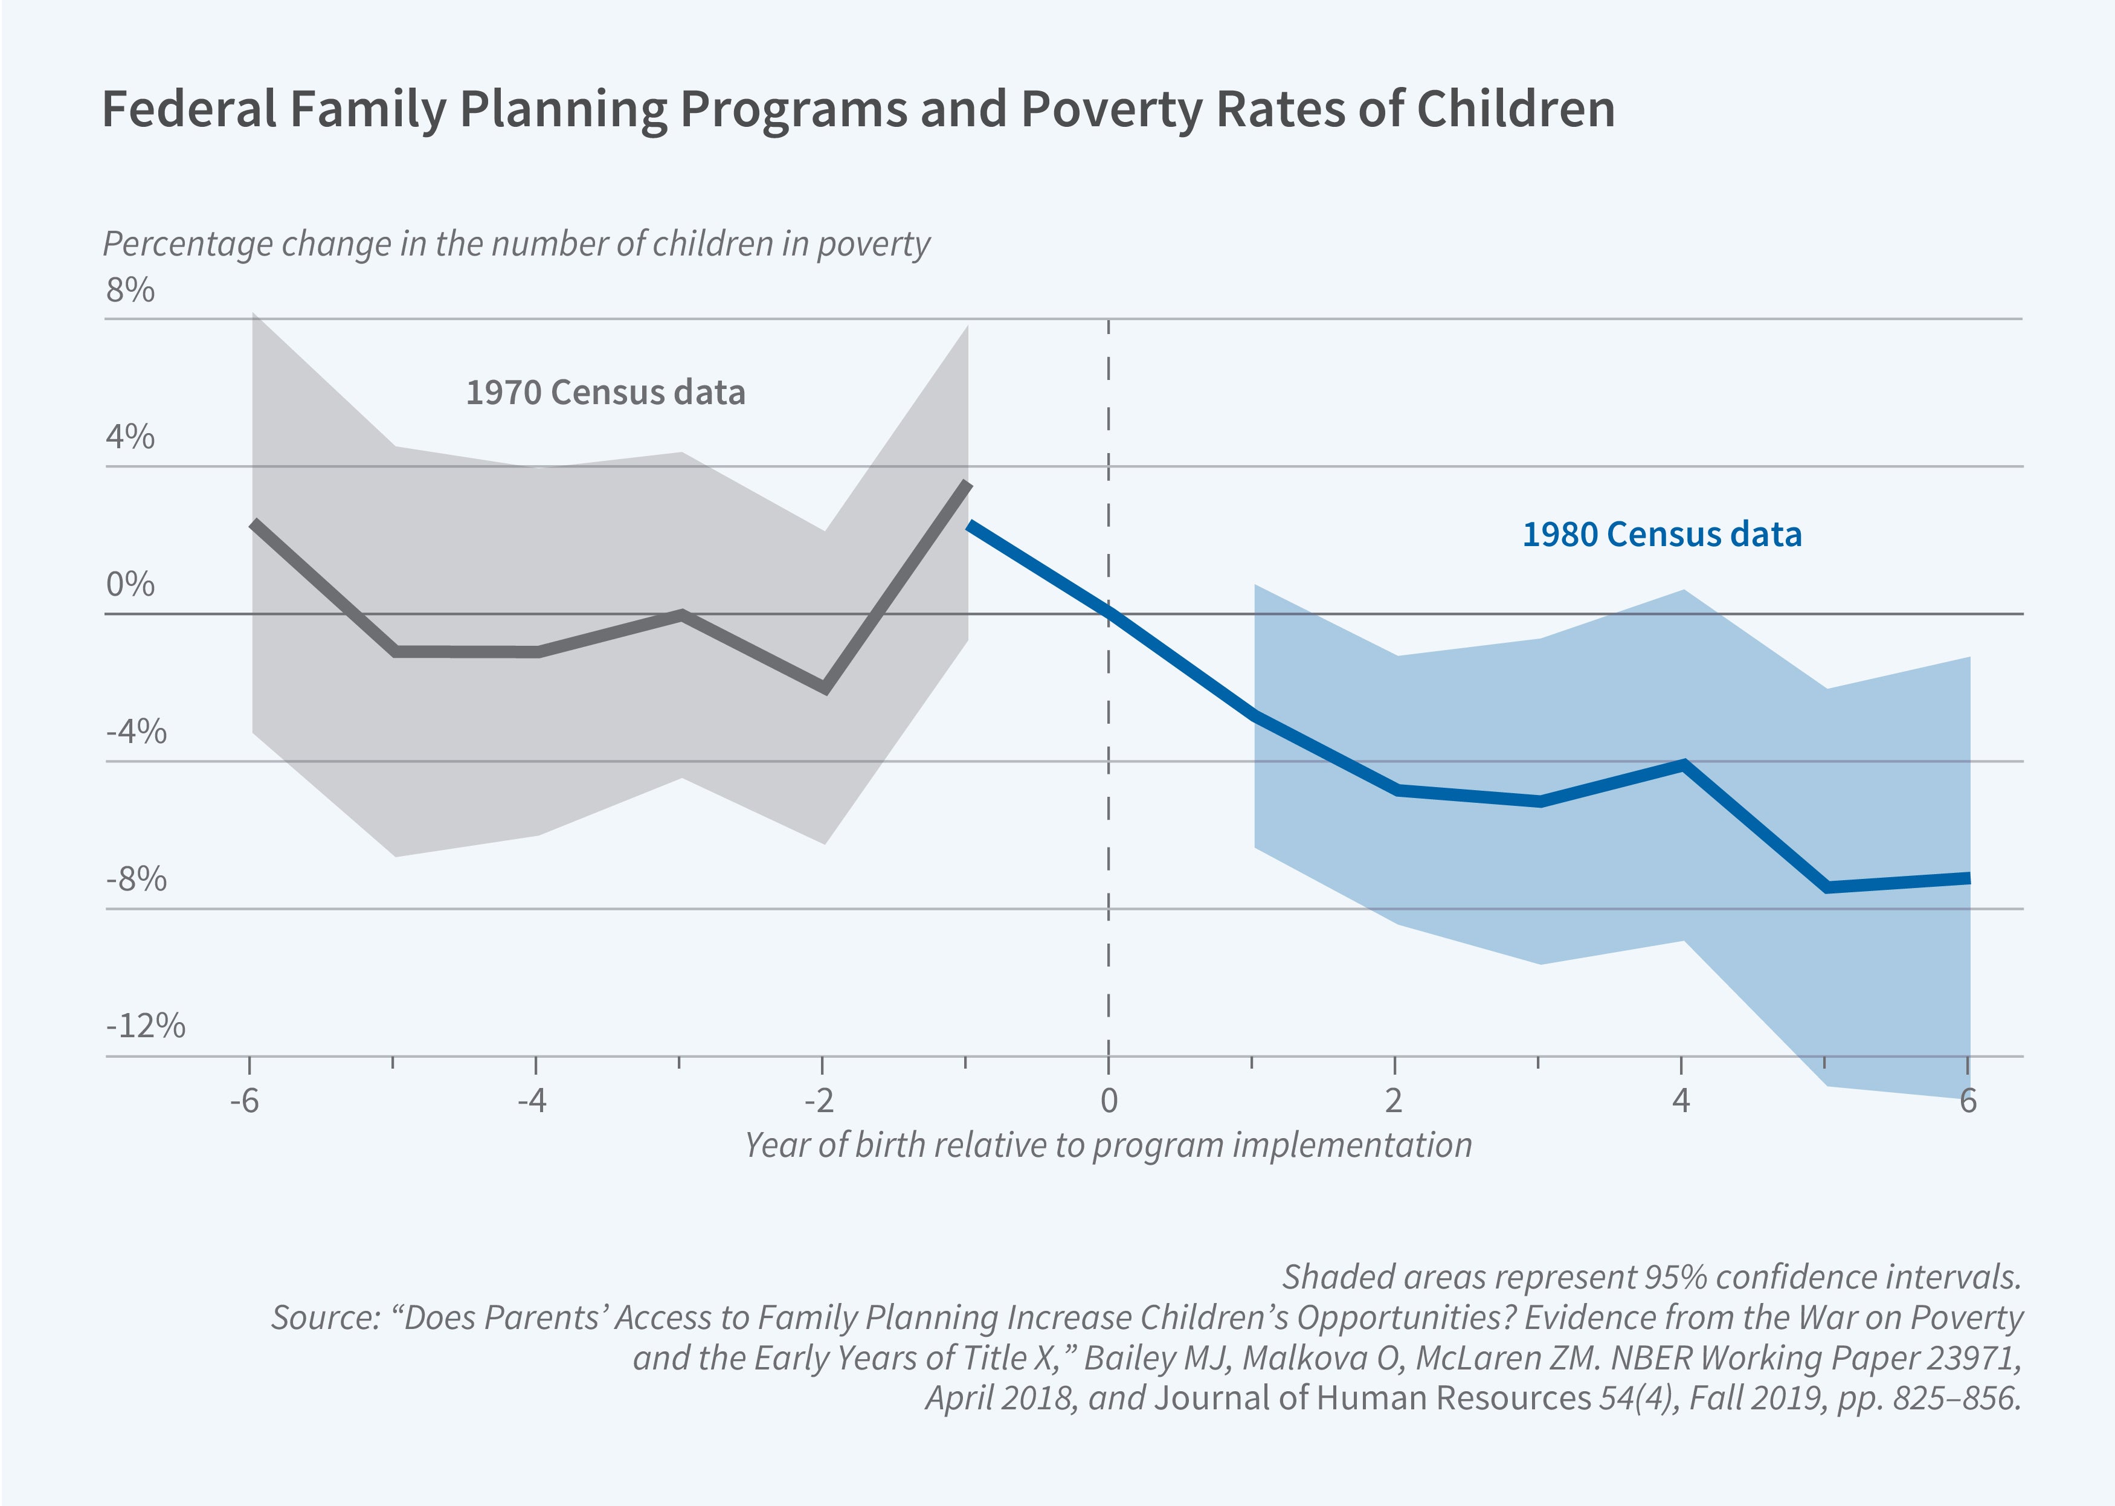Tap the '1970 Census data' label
click(605, 392)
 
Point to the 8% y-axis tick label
click(130, 290)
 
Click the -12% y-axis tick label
click(146, 1026)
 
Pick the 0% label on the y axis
click(130, 584)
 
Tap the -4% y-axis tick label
click(137, 732)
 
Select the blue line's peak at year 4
click(1683, 764)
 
